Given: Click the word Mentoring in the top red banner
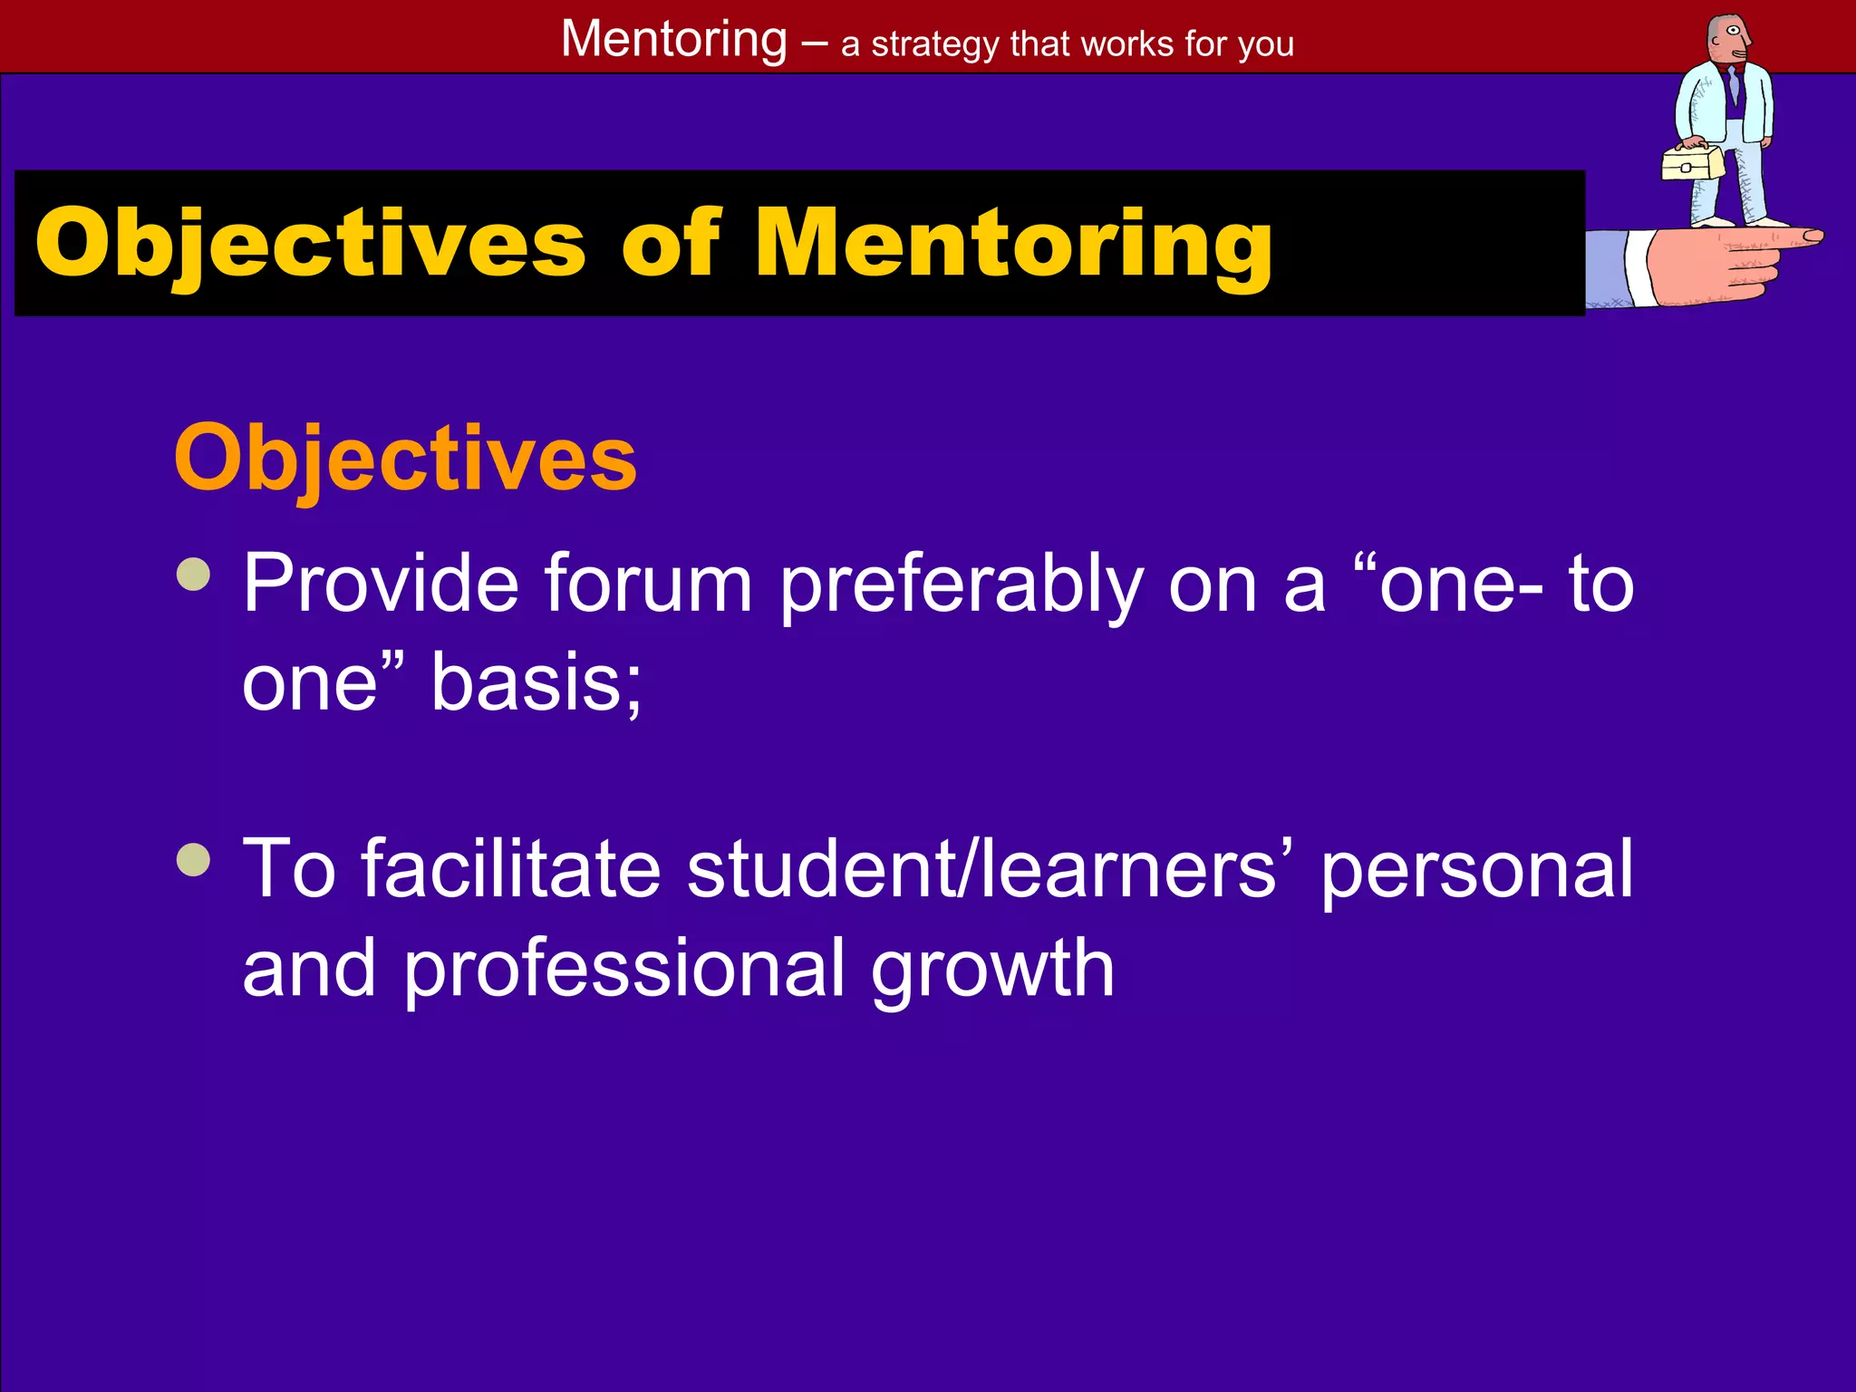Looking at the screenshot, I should tap(674, 40).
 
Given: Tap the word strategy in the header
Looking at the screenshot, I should tap(934, 44).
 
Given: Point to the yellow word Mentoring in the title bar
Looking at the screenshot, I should tap(1014, 243).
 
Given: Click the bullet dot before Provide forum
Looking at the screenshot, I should tap(194, 574).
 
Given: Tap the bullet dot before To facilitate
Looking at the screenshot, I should tap(194, 860).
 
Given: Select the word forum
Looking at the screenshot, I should tap(648, 584).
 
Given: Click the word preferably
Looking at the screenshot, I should tap(962, 585).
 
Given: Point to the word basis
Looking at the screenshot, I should tap(536, 682).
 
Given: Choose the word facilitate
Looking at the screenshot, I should tap(511, 869).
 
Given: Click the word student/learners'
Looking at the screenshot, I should tap(989, 869).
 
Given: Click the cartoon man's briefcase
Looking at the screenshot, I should tap(1692, 164).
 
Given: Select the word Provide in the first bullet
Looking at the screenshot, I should tap(381, 584).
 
